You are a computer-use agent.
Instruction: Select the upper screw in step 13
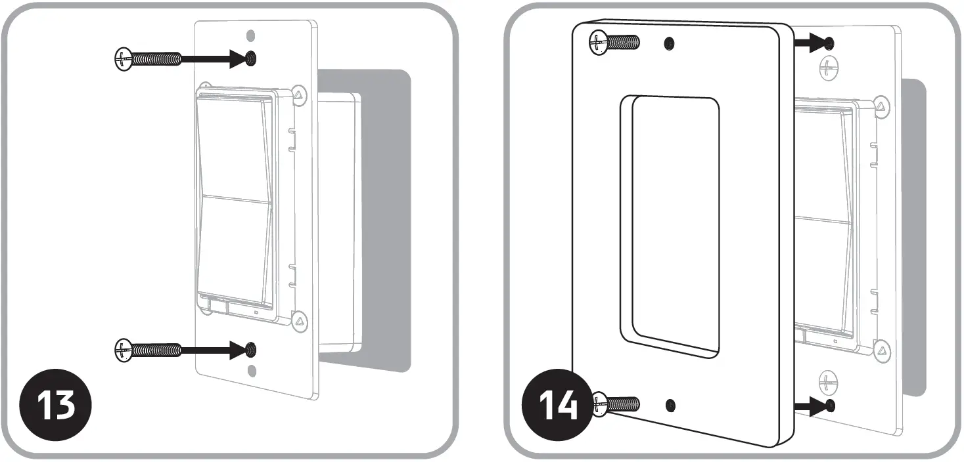click(149, 58)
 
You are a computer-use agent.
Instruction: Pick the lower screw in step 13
click(149, 349)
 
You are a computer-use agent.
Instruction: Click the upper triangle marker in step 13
click(299, 94)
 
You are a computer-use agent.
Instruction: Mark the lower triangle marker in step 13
click(299, 321)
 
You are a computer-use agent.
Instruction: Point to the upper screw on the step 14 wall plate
click(615, 43)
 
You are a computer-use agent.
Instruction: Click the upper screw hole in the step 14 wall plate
click(669, 43)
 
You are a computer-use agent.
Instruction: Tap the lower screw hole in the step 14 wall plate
click(670, 405)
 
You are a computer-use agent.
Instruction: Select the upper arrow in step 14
click(812, 43)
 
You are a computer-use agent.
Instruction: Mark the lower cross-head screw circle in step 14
click(829, 380)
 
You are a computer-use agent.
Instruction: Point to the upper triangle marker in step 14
click(882, 106)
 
